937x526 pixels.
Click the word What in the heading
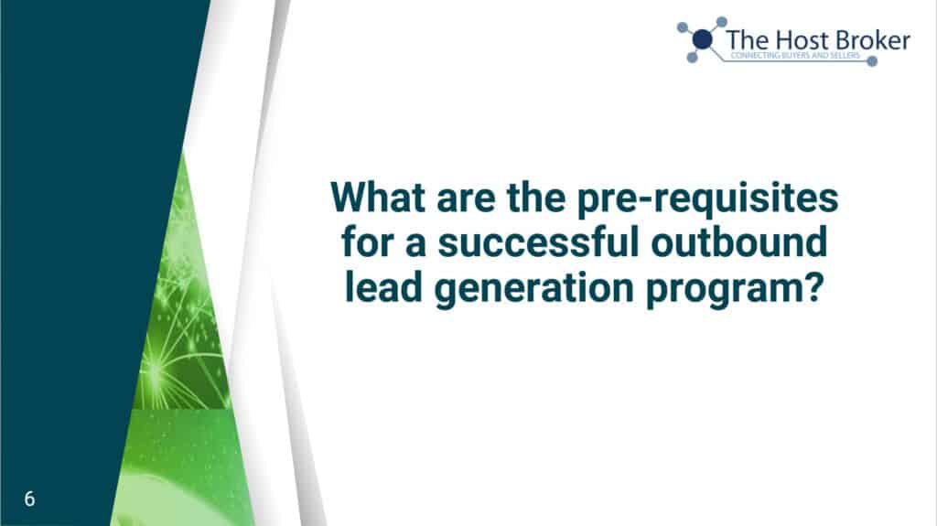click(x=378, y=197)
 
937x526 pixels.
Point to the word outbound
click(x=739, y=242)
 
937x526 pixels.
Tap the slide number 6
click(x=29, y=499)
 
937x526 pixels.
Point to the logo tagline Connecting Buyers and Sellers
click(x=795, y=56)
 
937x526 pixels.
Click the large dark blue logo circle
click(x=702, y=39)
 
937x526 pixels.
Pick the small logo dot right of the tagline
click(x=872, y=61)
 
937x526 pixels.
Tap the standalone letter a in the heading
click(x=415, y=246)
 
